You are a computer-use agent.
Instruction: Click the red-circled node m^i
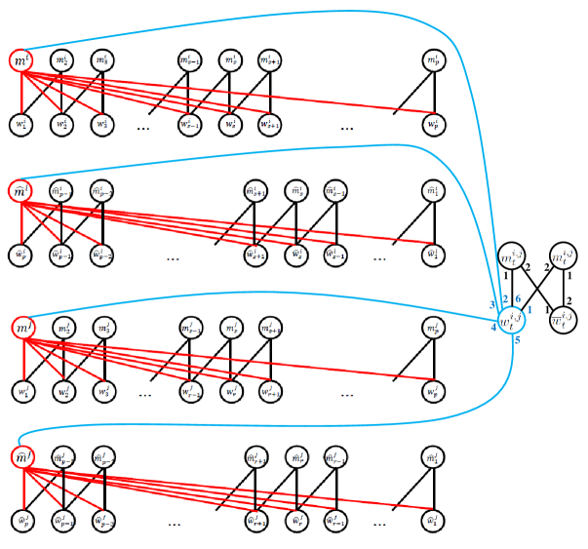(x=21, y=61)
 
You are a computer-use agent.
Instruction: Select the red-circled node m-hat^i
(x=20, y=191)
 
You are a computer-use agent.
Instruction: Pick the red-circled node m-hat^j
(x=21, y=456)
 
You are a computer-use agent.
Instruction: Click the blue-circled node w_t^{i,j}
(x=511, y=319)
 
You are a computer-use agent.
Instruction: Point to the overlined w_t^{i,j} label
(x=562, y=319)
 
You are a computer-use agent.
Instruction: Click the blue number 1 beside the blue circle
(x=529, y=309)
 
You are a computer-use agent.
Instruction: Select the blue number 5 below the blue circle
(x=517, y=340)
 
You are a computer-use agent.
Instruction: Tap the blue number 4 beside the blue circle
(x=493, y=328)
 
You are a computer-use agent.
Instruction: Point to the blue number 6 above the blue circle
(x=518, y=297)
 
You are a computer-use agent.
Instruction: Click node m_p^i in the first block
(x=434, y=61)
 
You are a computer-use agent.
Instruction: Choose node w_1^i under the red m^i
(x=21, y=125)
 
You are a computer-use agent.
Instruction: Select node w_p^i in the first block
(x=434, y=125)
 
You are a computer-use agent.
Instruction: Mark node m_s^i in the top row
(x=229, y=61)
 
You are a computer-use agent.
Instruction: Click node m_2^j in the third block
(x=62, y=331)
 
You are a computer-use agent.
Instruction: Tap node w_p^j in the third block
(x=434, y=392)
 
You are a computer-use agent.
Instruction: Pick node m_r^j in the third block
(x=229, y=331)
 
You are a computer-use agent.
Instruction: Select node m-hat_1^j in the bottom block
(x=434, y=456)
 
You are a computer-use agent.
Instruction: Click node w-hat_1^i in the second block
(x=434, y=255)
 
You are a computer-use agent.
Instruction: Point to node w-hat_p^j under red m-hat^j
(x=21, y=521)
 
